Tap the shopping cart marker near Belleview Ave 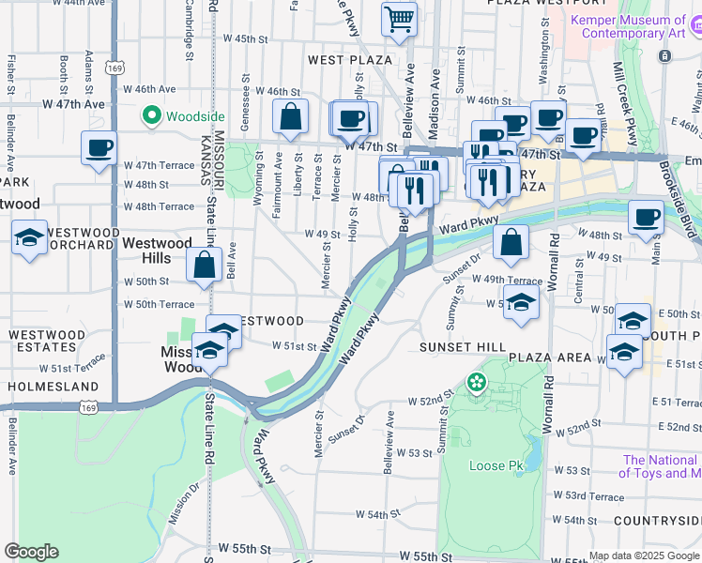pos(400,19)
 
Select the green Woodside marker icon pos(150,116)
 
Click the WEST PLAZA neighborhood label pos(349,60)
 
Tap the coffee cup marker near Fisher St pos(99,148)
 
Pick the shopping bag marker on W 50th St pos(205,265)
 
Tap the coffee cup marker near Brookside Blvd pos(646,217)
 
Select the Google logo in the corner pos(31,552)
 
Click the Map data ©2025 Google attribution pos(644,555)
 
